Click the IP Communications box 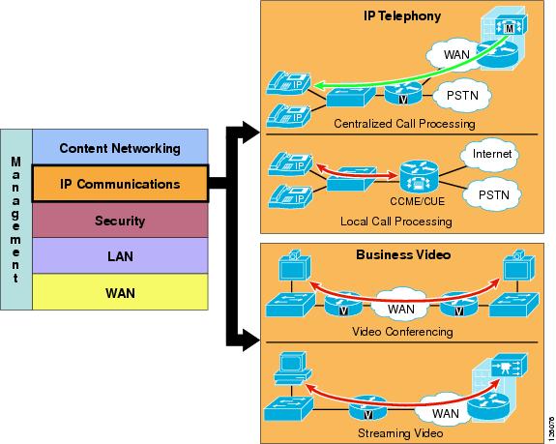120,184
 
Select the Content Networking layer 120,147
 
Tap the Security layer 120,221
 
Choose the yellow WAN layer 120,292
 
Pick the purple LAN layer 120,255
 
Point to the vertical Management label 15,220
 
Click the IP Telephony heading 402,15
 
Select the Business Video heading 403,254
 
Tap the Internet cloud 491,154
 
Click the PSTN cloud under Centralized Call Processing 462,95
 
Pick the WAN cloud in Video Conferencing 401,308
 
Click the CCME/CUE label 417,201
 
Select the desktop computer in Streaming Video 292,369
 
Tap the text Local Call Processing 396,222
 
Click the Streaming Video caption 400,433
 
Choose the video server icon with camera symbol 509,366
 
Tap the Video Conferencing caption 402,332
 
